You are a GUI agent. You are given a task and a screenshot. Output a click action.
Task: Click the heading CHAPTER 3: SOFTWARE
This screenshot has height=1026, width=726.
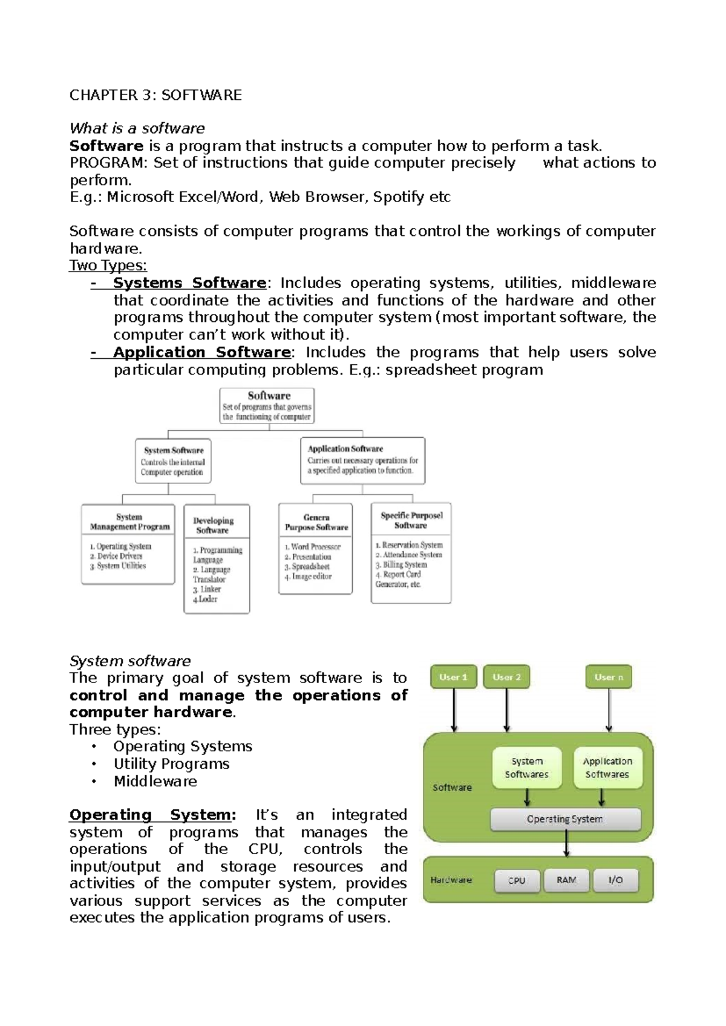155,95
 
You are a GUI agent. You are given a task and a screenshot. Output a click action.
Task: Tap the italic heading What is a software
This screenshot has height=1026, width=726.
137,128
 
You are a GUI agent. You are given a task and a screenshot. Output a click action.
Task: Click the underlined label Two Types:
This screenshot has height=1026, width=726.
108,266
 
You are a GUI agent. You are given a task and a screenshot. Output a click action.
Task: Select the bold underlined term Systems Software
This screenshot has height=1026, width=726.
189,283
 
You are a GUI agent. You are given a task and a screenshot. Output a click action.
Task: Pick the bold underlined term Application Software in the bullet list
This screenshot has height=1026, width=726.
201,352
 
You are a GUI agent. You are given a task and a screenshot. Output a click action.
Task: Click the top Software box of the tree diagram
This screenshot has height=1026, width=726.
267,406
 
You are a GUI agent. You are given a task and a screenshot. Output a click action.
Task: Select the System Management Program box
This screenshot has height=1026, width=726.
128,544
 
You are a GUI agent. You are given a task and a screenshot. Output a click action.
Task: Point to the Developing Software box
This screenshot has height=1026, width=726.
217,559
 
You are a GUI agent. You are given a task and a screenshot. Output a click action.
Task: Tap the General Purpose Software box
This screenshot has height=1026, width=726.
315,549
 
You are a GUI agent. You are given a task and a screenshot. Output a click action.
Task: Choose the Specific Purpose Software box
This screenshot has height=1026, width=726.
411,552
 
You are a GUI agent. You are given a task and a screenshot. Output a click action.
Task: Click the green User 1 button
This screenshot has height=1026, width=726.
453,677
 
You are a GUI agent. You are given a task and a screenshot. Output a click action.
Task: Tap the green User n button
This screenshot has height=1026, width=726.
608,677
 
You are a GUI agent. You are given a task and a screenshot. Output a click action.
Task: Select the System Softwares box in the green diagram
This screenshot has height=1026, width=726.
526,768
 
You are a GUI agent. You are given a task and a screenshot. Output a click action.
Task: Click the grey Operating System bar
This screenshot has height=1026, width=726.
564,819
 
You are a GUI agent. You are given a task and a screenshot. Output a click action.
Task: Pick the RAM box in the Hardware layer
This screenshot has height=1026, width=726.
566,880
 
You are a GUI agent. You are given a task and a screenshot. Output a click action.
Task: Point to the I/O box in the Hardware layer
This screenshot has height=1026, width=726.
615,880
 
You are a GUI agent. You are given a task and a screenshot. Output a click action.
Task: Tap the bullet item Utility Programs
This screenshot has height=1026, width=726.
171,764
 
